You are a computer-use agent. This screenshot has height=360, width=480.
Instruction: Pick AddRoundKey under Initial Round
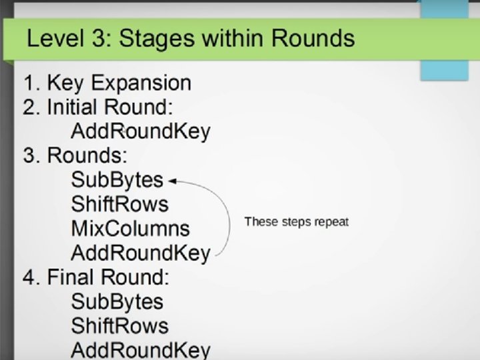point(140,131)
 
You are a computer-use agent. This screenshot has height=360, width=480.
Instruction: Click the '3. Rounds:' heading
point(75,156)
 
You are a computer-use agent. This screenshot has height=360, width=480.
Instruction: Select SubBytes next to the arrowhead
point(117,180)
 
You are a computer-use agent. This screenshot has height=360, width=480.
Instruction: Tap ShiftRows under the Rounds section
point(120,204)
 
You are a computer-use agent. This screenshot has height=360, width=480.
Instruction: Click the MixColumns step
point(130,229)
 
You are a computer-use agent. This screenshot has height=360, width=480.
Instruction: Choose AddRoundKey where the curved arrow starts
point(140,253)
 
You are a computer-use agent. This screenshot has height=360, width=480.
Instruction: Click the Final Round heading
point(97,277)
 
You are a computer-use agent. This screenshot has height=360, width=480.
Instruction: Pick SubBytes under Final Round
point(117,301)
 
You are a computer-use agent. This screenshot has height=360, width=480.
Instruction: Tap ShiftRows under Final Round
point(120,325)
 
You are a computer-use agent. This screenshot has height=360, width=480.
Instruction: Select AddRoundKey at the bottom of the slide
point(140,349)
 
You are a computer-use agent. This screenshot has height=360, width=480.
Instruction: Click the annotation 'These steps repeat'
point(297,221)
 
